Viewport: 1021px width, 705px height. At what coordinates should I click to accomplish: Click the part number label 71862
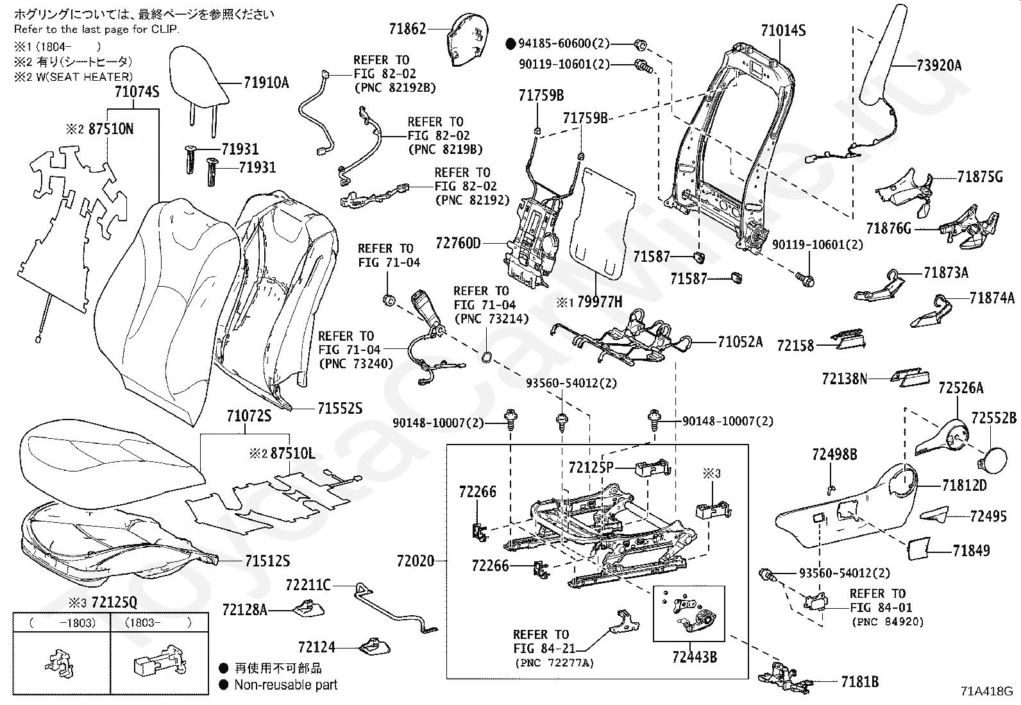pyautogui.click(x=407, y=28)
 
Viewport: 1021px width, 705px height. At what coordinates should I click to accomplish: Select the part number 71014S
pyautogui.click(x=783, y=30)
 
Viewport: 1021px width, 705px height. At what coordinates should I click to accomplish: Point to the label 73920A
pyautogui.click(x=939, y=65)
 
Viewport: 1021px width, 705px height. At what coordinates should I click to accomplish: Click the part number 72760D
pyautogui.click(x=458, y=243)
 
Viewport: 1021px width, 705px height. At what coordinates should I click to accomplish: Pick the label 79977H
pyautogui.click(x=600, y=302)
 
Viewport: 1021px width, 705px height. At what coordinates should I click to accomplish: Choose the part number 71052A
pyautogui.click(x=741, y=342)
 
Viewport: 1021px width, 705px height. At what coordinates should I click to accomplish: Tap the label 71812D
pyautogui.click(x=964, y=485)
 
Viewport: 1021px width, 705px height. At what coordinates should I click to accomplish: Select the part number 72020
pyautogui.click(x=416, y=561)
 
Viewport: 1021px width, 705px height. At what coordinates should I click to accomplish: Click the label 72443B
pyautogui.click(x=695, y=657)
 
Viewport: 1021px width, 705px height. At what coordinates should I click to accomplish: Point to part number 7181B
pyautogui.click(x=859, y=682)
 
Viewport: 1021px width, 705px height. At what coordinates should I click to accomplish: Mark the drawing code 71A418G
pyautogui.click(x=986, y=692)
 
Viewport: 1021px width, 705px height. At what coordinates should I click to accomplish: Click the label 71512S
pyautogui.click(x=267, y=561)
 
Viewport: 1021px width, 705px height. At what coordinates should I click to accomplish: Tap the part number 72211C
pyautogui.click(x=308, y=584)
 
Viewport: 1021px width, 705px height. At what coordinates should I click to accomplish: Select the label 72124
pyautogui.click(x=316, y=648)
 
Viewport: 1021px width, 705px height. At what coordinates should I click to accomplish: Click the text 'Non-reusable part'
pyautogui.click(x=285, y=684)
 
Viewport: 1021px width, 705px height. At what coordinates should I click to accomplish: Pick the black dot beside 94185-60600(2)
pyautogui.click(x=511, y=44)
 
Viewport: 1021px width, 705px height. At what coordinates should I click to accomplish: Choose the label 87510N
pyautogui.click(x=111, y=129)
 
